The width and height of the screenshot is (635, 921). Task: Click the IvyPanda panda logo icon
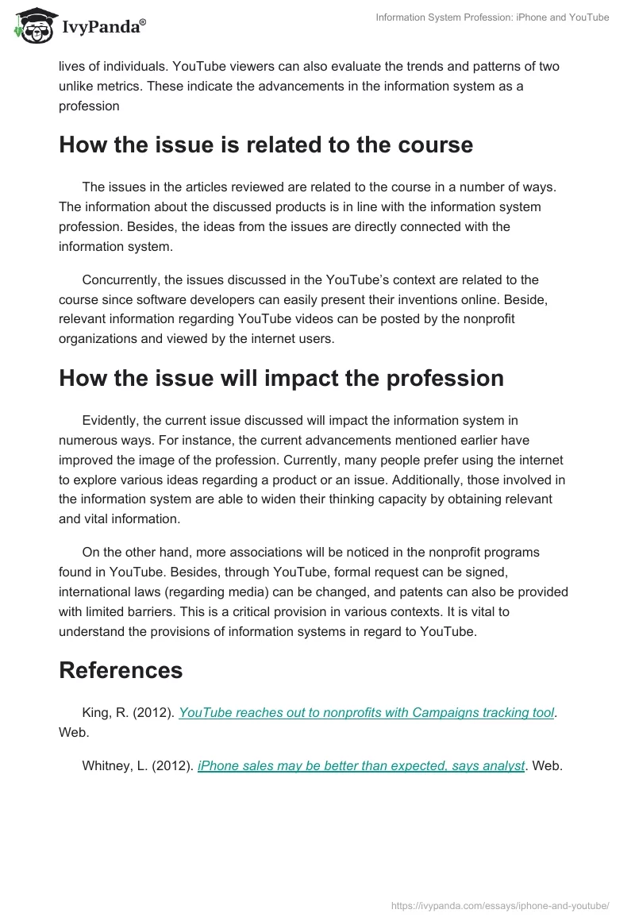32,26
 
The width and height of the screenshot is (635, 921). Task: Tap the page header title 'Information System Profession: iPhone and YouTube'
492,17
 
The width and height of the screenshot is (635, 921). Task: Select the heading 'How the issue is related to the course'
266,145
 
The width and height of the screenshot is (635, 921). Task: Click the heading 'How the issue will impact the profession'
281,378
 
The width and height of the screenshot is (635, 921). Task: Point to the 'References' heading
121,669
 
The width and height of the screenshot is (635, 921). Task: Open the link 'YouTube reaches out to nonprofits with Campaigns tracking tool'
367,712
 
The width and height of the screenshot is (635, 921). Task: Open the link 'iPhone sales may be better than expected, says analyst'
361,765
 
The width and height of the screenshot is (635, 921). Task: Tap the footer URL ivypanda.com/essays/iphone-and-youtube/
501,905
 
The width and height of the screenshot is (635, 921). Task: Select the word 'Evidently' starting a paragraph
111,420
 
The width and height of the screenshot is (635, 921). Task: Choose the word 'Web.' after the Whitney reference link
547,765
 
